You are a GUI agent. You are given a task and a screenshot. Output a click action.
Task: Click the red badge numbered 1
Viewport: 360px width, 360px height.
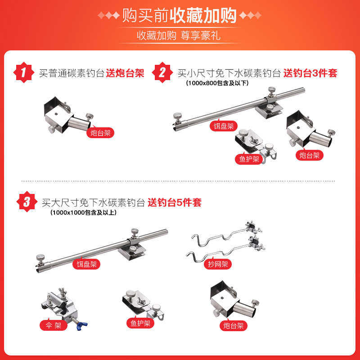23,72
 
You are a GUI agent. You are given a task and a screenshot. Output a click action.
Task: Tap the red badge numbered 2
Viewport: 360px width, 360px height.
162,72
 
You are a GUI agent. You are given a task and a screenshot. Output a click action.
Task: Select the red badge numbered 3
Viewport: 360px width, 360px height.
27,202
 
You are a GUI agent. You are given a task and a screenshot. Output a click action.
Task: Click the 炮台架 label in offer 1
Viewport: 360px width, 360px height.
100,133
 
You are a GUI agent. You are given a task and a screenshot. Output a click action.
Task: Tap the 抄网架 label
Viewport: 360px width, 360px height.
218,264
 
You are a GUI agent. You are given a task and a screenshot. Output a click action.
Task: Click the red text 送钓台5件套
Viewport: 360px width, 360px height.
175,202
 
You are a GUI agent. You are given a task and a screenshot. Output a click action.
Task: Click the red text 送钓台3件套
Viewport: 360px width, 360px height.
310,73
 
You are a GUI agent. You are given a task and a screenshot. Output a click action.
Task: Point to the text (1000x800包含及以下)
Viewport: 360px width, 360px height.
217,83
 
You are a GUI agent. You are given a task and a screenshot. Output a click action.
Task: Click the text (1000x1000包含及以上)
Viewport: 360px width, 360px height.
84,212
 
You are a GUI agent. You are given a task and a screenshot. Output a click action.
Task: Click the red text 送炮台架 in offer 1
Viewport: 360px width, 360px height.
125,73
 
